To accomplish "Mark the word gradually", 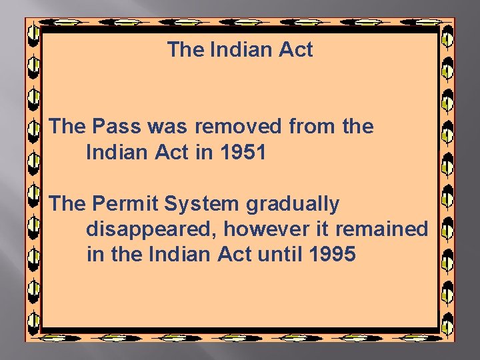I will click(293, 203).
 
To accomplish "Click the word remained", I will click(381, 229).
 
